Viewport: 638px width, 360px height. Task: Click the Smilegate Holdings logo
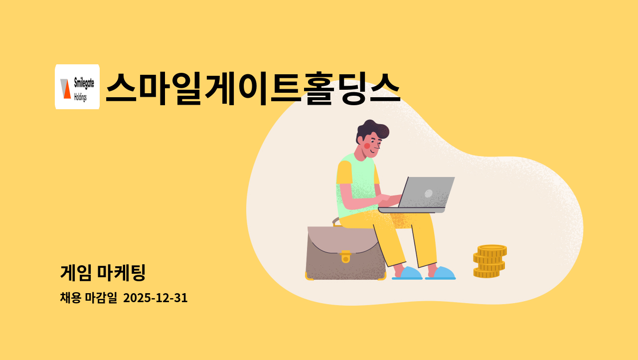(x=77, y=87)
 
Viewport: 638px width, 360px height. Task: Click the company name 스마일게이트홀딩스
(x=253, y=88)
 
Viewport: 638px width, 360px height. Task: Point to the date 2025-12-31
(x=155, y=298)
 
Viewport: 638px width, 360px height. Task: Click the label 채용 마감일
(x=88, y=298)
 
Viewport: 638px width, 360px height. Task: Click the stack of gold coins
(x=489, y=261)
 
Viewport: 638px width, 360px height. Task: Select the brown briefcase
(x=345, y=254)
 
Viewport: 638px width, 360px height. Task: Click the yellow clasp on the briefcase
(x=345, y=256)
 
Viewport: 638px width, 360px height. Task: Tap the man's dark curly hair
(x=372, y=130)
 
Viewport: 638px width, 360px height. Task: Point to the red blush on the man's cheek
(x=367, y=146)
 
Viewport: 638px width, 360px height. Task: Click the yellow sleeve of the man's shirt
(x=344, y=173)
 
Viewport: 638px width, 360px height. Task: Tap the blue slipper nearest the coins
(x=441, y=273)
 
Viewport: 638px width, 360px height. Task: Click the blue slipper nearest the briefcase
(x=408, y=273)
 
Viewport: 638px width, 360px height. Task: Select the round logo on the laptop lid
(x=428, y=193)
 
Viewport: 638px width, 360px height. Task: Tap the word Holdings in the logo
(x=80, y=97)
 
